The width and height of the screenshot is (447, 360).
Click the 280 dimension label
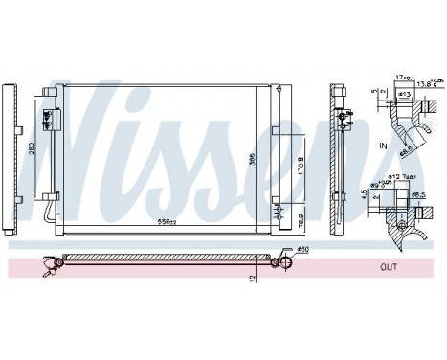[x=34, y=151]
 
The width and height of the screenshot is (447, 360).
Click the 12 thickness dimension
[x=252, y=279]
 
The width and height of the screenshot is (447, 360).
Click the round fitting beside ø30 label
[x=284, y=259]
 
